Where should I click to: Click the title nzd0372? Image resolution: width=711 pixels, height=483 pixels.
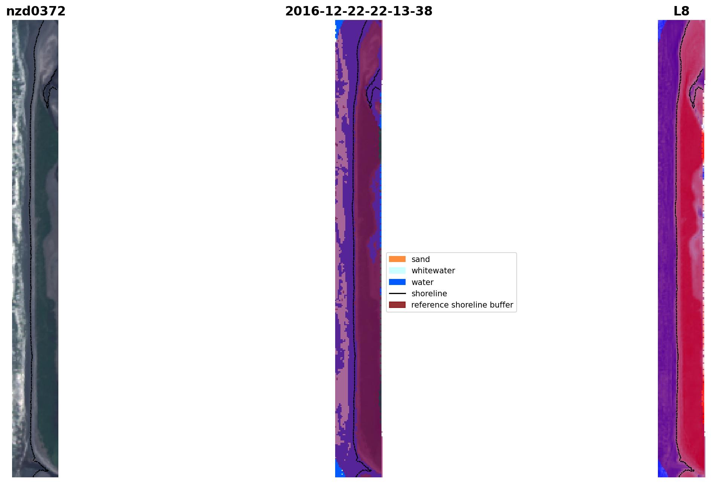36,11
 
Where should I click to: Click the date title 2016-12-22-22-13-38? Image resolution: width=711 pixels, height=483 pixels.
359,11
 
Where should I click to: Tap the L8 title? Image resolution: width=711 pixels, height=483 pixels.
681,11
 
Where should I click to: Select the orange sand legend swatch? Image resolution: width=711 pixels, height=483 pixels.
397,259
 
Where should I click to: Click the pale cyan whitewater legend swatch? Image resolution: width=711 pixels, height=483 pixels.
397,270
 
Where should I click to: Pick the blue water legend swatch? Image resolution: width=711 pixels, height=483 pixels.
397,282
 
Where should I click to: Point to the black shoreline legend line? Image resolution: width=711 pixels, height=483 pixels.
397,293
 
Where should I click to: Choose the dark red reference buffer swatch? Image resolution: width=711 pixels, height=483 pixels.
397,305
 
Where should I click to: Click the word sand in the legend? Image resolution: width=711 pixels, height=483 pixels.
421,259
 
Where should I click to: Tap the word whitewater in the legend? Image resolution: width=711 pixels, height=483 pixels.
433,271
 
